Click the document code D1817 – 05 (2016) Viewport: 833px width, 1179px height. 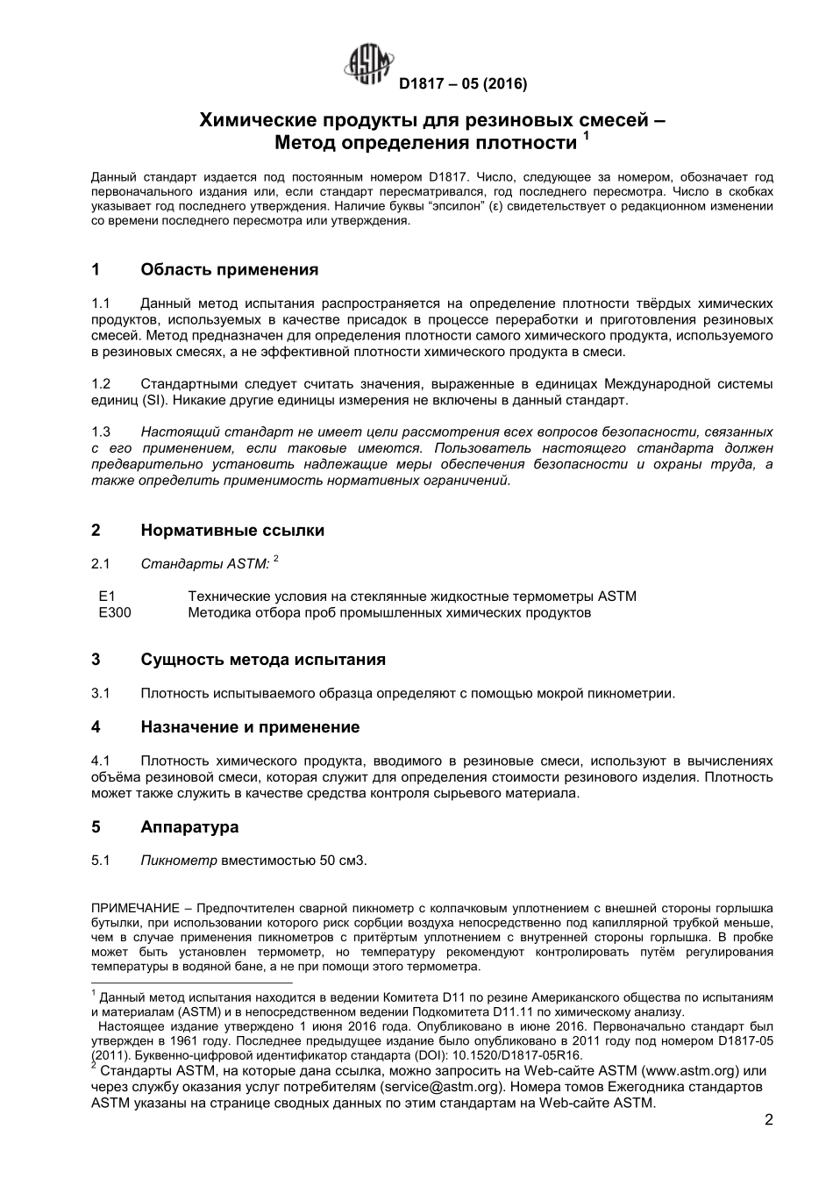(x=462, y=85)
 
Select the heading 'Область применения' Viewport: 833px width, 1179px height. (x=229, y=269)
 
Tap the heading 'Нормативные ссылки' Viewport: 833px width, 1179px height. (x=232, y=530)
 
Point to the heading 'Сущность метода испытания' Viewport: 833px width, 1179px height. (x=263, y=660)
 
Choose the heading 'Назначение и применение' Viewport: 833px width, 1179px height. (x=250, y=727)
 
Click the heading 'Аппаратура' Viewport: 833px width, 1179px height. (x=189, y=827)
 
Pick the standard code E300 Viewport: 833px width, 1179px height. (x=115, y=612)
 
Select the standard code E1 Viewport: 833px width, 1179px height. (x=107, y=597)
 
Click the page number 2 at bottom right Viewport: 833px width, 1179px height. (x=768, y=1120)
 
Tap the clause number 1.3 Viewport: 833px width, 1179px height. (x=101, y=432)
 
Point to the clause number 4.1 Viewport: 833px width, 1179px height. (x=101, y=761)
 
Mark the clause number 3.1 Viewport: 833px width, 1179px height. (x=101, y=694)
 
